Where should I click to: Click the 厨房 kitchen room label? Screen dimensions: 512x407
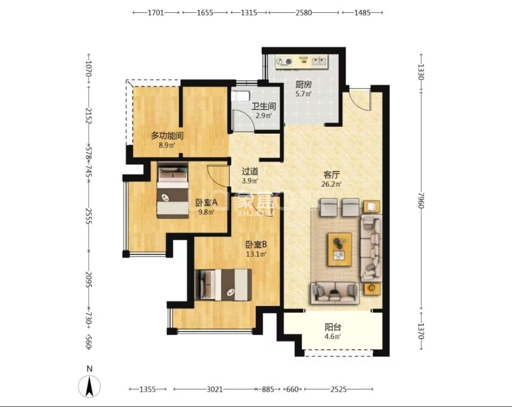coord(303,85)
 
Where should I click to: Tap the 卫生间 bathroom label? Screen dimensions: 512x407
coord(264,106)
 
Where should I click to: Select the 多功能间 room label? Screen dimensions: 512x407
coord(167,136)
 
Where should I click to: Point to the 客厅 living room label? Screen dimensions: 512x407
coord(331,175)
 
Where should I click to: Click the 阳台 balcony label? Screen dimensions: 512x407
coord(333,327)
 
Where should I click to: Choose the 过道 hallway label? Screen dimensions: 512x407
coord(250,172)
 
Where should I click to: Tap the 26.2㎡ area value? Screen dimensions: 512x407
coord(331,184)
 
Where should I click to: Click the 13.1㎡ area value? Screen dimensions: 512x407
coord(256,254)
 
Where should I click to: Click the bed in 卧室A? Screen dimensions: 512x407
coord(173,190)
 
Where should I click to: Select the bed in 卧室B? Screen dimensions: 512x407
coord(223,285)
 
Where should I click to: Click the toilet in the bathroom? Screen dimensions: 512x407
coord(240,96)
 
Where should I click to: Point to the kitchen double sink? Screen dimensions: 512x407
coord(319,61)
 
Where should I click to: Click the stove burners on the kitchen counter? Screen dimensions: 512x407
coord(284,61)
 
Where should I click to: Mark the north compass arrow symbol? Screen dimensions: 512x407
coord(90,386)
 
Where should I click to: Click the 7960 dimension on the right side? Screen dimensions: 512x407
coord(421,200)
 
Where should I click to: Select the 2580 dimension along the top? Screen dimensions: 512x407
coord(304,13)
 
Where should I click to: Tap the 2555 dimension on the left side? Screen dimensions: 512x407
coord(89,216)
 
